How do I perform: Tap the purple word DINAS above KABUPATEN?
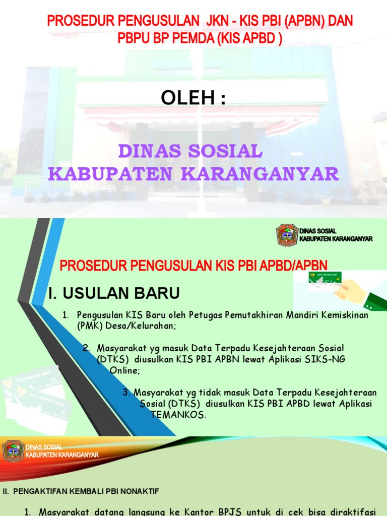tap(149, 151)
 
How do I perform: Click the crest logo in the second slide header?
tap(287, 235)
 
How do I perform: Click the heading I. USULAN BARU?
tap(114, 293)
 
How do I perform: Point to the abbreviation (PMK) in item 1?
tap(89, 326)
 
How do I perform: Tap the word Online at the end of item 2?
tap(124, 370)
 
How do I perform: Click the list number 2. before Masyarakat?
tap(86, 348)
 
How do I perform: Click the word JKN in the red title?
tap(216, 21)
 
